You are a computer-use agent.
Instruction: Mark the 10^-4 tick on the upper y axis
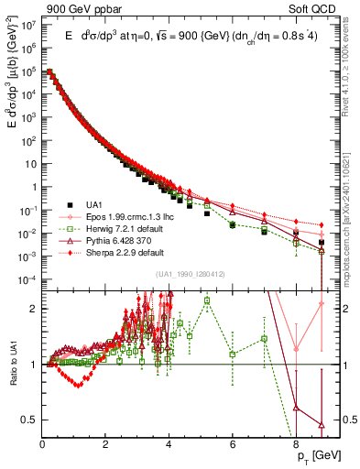(x=29, y=279)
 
